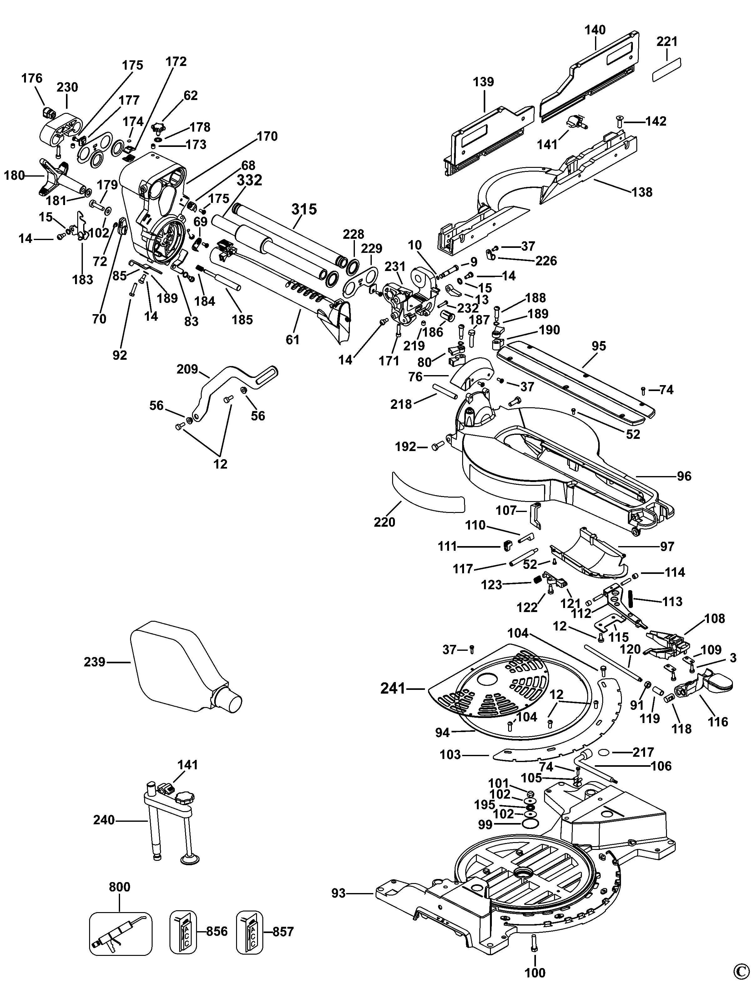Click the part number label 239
click(x=94, y=661)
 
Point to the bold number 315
click(x=304, y=209)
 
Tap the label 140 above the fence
click(x=595, y=30)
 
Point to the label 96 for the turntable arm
click(x=684, y=476)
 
